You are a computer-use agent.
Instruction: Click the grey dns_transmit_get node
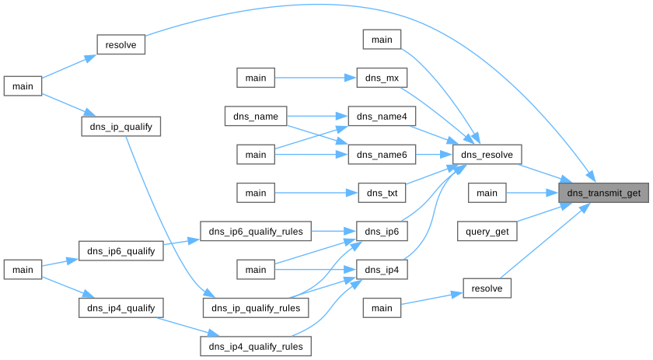(x=604, y=193)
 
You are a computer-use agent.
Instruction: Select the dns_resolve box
(x=487, y=155)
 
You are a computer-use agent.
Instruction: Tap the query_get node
(x=487, y=231)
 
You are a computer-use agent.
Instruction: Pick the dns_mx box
(x=382, y=79)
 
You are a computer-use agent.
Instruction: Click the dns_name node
(x=256, y=117)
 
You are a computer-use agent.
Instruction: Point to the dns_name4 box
(x=382, y=117)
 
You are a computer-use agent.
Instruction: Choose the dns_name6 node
(x=382, y=155)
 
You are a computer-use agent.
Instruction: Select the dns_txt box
(x=382, y=193)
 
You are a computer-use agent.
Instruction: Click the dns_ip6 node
(x=382, y=231)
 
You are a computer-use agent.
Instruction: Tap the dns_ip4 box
(x=382, y=269)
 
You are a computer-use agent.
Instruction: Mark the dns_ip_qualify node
(x=121, y=126)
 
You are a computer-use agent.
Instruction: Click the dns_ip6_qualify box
(x=121, y=250)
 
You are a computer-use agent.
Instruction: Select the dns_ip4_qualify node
(x=121, y=308)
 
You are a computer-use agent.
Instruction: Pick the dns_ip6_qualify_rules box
(x=256, y=231)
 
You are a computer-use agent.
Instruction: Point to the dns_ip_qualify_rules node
(x=256, y=308)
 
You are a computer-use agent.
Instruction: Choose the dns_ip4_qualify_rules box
(x=256, y=345)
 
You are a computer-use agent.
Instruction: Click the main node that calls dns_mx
(x=256, y=79)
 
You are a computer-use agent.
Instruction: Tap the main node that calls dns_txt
(x=256, y=193)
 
